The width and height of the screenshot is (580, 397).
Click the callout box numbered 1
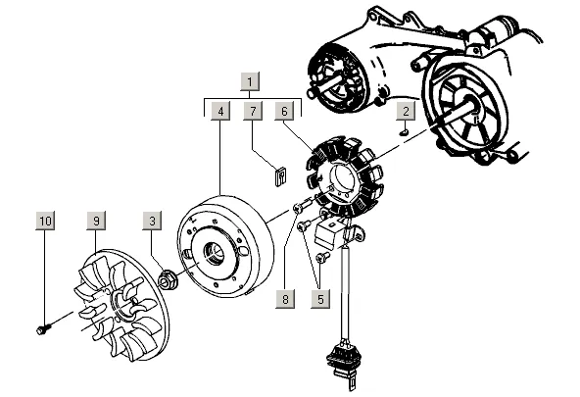pyautogui.click(x=250, y=81)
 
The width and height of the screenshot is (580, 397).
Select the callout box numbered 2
pyautogui.click(x=406, y=111)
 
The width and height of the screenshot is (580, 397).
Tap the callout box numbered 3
pyautogui.click(x=152, y=221)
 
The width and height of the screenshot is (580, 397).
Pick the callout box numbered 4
pyautogui.click(x=220, y=111)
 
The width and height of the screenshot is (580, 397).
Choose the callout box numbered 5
pyautogui.click(x=320, y=299)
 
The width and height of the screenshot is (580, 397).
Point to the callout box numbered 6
pyautogui.click(x=284, y=111)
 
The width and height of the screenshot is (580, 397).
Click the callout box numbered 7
pyautogui.click(x=253, y=111)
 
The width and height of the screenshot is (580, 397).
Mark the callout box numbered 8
pyautogui.click(x=285, y=299)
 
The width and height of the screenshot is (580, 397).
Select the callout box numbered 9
pyautogui.click(x=96, y=221)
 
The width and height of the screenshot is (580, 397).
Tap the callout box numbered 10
pyautogui.click(x=45, y=221)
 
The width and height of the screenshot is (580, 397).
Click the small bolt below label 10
pyautogui.click(x=44, y=328)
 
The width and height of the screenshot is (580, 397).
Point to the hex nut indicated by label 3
pyautogui.click(x=168, y=280)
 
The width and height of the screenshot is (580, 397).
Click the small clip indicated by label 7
pyautogui.click(x=281, y=176)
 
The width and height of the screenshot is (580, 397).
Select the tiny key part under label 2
pyautogui.click(x=405, y=131)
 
